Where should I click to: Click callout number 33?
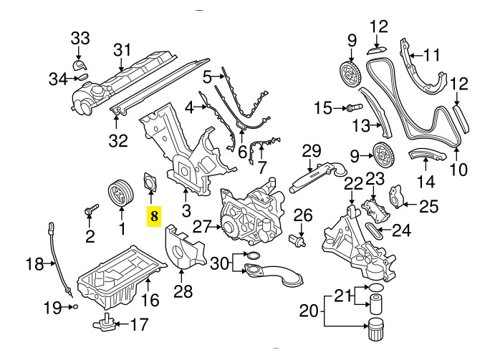(x=80, y=38)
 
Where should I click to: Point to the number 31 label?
(x=123, y=49)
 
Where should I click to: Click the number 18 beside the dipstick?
(x=34, y=265)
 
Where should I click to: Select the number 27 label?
(x=201, y=227)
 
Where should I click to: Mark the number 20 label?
(x=308, y=311)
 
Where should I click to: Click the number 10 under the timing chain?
(x=457, y=170)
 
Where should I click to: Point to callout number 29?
(x=309, y=151)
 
